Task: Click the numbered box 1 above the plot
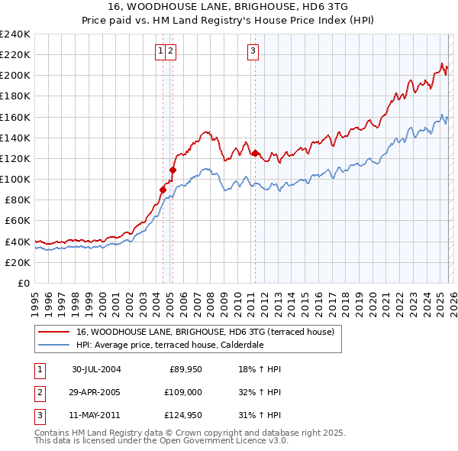point(161,51)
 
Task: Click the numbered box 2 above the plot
point(171,51)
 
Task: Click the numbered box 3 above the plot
point(253,51)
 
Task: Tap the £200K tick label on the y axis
point(15,76)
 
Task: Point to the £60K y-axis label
point(18,221)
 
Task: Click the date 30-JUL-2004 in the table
point(96,369)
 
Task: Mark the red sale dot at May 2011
point(254,152)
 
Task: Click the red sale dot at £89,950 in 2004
point(163,189)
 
